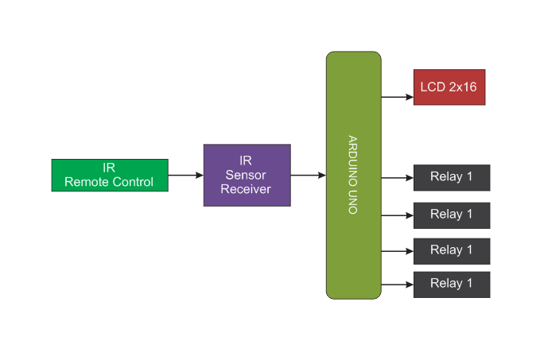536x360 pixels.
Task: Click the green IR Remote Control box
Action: [x=109, y=175]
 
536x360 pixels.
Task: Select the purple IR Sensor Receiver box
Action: [x=247, y=175]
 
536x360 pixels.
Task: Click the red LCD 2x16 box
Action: [x=449, y=87]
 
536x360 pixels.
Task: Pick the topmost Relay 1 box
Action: [x=451, y=177]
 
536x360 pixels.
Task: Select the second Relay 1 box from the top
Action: [x=451, y=215]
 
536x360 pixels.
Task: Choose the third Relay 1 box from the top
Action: [x=451, y=250]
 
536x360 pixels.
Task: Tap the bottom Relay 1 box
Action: [x=451, y=284]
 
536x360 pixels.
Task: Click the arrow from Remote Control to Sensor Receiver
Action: [x=185, y=175]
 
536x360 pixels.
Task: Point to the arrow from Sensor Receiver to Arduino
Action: [x=308, y=175]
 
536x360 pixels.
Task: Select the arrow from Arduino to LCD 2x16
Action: [x=397, y=97]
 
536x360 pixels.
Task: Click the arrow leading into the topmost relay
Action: [x=397, y=177]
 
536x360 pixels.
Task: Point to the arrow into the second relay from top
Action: [x=397, y=215]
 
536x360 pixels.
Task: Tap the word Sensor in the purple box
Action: [x=246, y=175]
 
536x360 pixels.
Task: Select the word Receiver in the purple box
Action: [x=246, y=189]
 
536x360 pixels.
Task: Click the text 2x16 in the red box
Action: [x=463, y=87]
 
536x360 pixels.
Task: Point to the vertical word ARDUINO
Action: [x=353, y=160]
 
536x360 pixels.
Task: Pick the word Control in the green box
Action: [x=132, y=182]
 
